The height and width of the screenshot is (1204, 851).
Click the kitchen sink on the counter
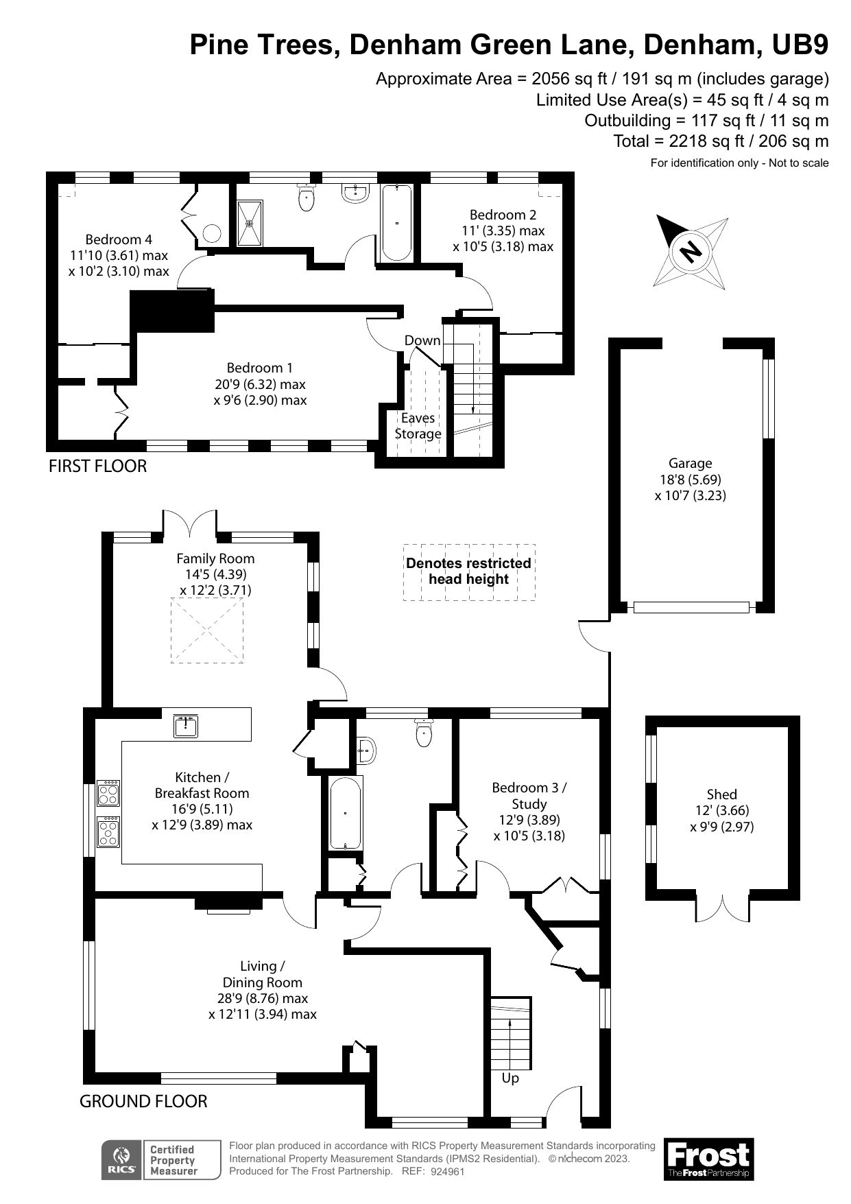(x=186, y=726)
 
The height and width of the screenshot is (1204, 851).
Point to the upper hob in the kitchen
(x=109, y=794)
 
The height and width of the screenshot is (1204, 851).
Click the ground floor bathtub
(x=345, y=814)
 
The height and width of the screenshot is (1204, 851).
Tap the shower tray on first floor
(x=250, y=222)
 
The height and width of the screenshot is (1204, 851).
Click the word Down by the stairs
(x=422, y=340)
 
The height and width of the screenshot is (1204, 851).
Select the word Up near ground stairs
(x=510, y=1078)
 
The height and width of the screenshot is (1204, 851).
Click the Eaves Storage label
(x=418, y=425)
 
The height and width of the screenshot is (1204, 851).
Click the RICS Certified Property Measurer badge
(x=161, y=1160)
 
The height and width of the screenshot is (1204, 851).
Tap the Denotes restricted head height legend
(x=468, y=571)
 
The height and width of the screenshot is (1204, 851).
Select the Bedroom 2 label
(x=503, y=230)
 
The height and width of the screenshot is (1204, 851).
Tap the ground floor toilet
(x=424, y=734)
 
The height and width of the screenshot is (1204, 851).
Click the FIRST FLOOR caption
(x=97, y=466)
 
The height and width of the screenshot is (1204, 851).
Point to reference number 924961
(x=448, y=1172)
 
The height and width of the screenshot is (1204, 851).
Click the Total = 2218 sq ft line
(x=720, y=141)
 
